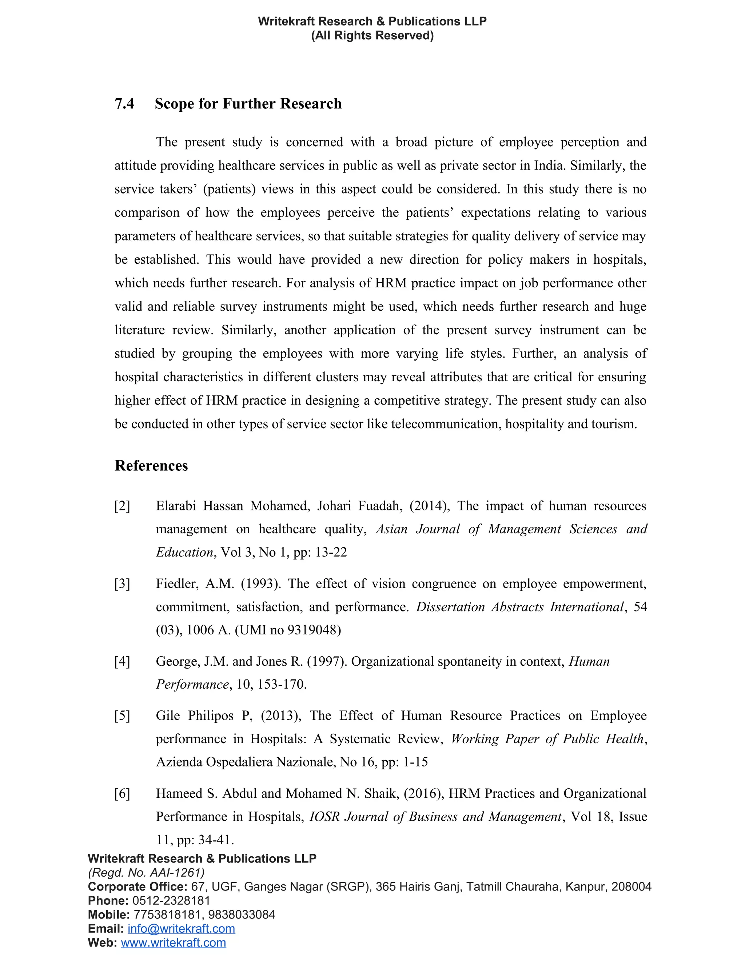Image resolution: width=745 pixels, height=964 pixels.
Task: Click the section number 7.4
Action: tap(124, 104)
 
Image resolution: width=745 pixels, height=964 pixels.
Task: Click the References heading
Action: tap(151, 466)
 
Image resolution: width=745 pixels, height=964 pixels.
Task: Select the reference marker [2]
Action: tap(122, 506)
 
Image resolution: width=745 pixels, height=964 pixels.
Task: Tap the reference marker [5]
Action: tap(122, 716)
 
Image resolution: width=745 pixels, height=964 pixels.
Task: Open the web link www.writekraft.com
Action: tap(174, 943)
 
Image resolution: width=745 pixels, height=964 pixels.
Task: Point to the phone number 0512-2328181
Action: tap(171, 900)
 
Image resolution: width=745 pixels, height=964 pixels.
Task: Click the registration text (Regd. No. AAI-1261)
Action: tap(146, 873)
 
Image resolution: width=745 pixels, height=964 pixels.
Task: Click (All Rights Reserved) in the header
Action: tap(372, 35)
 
